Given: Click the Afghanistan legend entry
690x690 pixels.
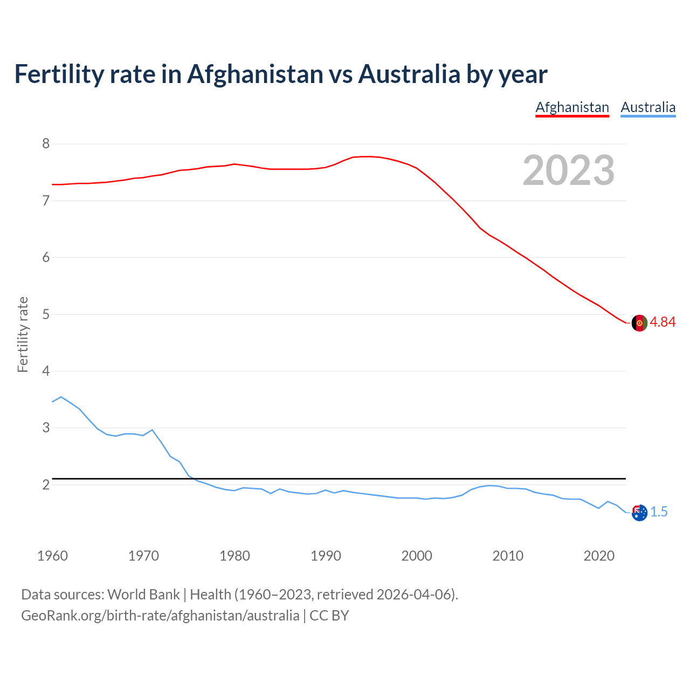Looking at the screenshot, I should coord(572,107).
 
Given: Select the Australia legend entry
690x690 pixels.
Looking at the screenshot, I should coord(648,107).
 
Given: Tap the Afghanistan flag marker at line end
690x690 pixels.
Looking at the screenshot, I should coord(639,323).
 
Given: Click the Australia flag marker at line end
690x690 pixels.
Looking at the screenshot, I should coord(639,513).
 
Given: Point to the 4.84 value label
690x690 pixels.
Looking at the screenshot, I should coord(663,322).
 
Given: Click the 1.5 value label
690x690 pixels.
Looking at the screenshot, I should coord(659,512).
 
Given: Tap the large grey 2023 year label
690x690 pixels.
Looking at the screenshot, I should coord(569,170).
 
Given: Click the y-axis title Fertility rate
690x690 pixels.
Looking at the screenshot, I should coord(23,334).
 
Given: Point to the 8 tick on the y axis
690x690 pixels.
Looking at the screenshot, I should coord(46,143).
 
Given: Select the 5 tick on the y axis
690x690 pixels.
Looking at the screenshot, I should coord(46,314).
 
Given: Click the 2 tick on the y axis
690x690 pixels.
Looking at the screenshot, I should coord(46,485).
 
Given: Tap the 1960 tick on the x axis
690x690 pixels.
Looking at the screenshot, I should coord(52,556).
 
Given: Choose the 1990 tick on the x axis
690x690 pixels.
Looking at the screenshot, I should coord(326,556).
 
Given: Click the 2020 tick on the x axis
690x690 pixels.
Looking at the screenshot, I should coord(599,556).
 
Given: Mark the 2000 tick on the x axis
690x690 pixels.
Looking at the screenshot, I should coord(417,556).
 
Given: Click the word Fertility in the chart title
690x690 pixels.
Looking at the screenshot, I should coord(58,74).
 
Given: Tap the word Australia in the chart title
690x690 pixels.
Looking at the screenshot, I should coord(409,74).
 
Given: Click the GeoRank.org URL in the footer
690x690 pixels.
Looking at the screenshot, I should coord(160,616).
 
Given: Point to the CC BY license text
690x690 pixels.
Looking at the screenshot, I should coord(329,616).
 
